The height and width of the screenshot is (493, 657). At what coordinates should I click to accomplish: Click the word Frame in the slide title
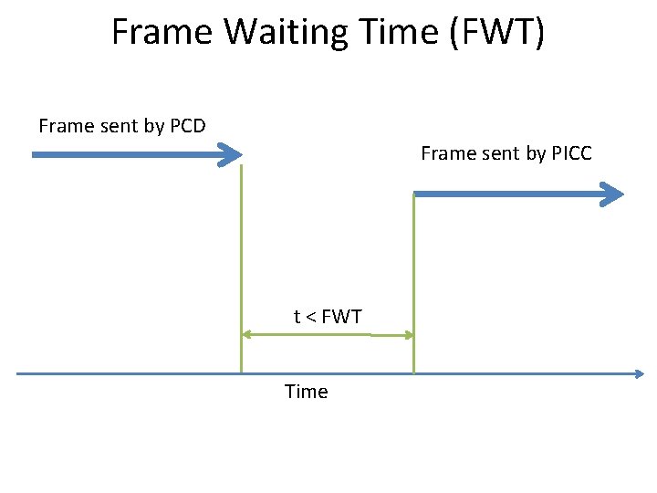(162, 32)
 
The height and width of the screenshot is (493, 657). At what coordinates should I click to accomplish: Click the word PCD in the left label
(187, 126)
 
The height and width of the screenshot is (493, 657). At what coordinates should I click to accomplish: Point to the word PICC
(571, 153)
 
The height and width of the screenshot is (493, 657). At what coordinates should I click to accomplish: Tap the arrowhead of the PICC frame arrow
(614, 194)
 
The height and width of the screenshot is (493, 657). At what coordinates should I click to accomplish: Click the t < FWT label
(328, 317)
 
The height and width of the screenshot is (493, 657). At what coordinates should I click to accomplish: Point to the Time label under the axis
(306, 392)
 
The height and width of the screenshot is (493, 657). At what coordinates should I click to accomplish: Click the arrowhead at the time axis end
(639, 373)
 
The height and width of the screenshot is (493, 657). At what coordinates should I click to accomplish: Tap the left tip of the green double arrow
(244, 335)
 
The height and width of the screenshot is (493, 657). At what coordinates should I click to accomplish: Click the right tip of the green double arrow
(412, 335)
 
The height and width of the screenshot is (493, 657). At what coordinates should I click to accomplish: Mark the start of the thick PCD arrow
(35, 155)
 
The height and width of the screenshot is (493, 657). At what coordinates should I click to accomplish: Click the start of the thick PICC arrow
(417, 194)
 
